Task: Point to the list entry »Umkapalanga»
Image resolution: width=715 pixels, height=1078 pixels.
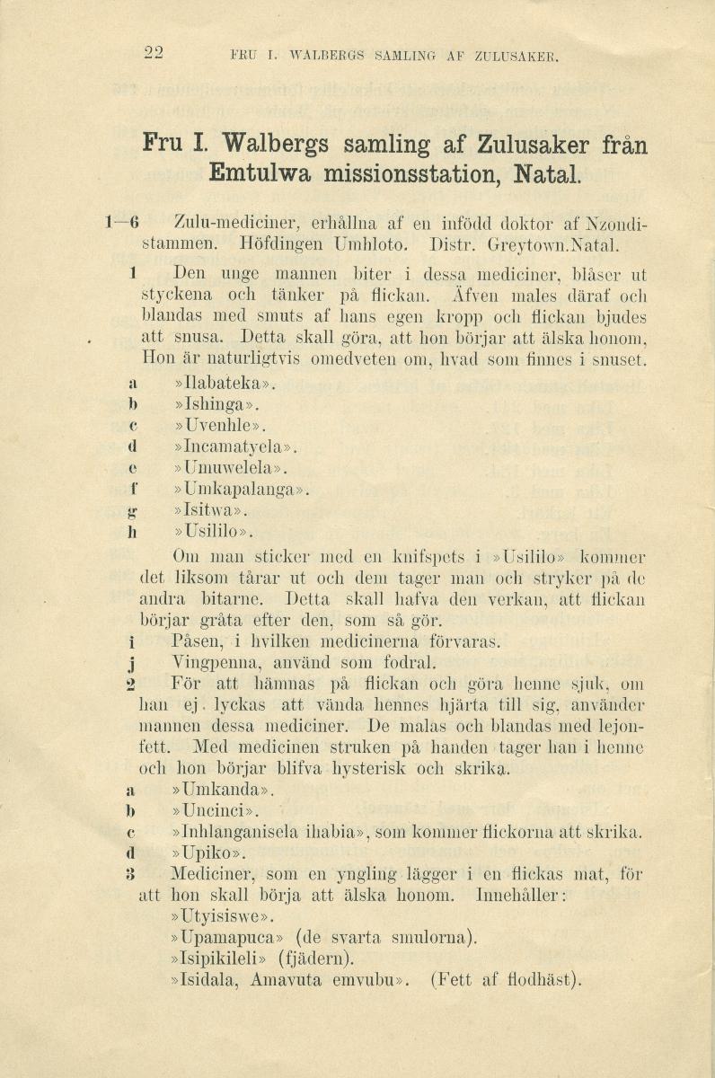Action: click(x=240, y=490)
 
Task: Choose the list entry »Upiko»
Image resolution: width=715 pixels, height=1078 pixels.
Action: click(x=207, y=852)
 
